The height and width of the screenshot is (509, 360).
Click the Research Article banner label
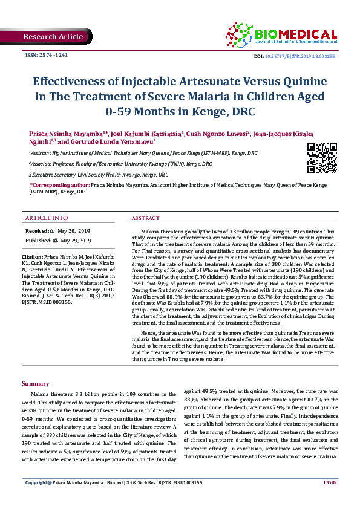point(53,37)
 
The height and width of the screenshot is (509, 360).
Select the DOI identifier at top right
point(296,56)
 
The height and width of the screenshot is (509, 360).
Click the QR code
point(322,158)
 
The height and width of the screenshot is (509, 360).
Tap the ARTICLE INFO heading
point(47,218)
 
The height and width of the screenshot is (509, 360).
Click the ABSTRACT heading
point(146,218)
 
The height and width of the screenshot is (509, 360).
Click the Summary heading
point(35,384)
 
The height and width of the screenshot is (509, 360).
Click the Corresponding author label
point(59,184)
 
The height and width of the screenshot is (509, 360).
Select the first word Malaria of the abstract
point(151,232)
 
